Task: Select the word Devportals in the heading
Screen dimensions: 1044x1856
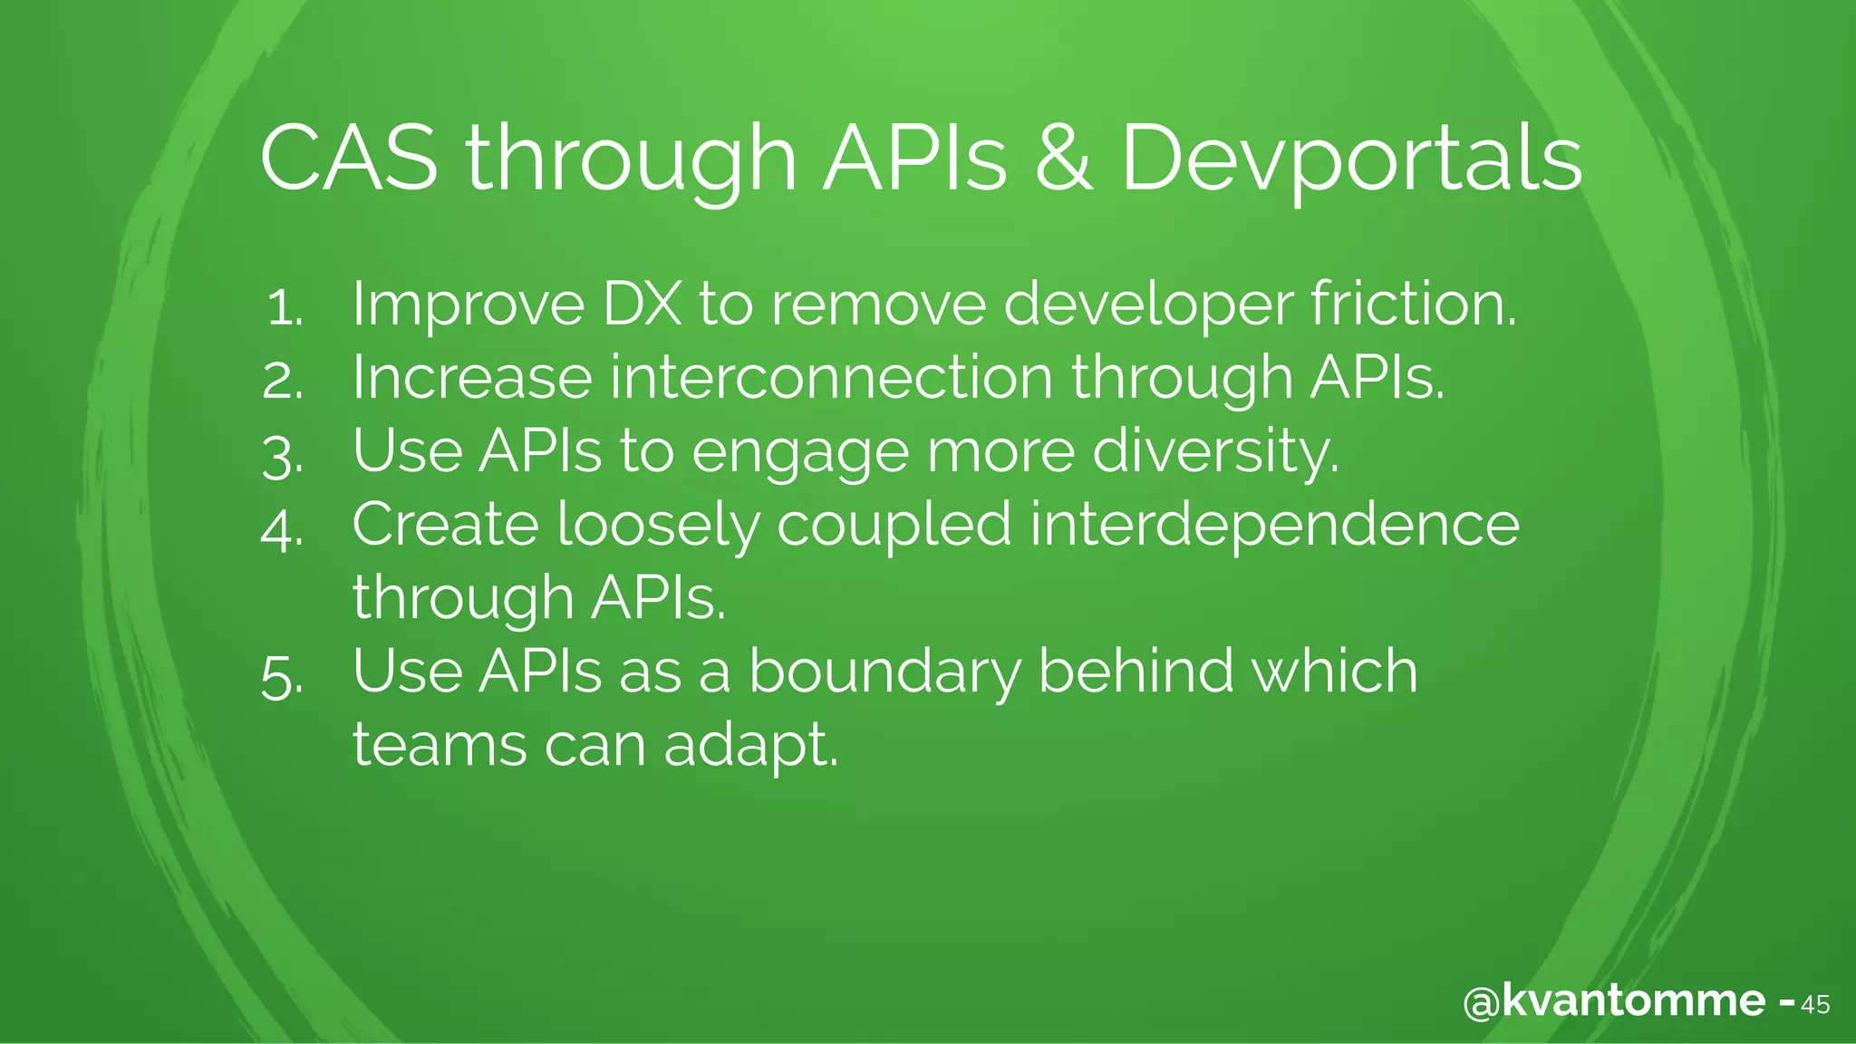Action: coord(1351,159)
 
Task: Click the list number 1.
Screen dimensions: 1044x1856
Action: coord(284,308)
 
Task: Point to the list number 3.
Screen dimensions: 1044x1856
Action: coord(282,456)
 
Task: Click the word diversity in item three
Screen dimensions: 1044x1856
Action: coord(1214,451)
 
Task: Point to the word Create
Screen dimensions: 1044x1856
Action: coord(445,525)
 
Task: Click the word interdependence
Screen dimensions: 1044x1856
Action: coord(1274,527)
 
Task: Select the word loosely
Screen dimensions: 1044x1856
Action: coord(658,527)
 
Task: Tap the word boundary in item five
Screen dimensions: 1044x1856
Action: coord(884,672)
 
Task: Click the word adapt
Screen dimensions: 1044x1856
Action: coord(750,747)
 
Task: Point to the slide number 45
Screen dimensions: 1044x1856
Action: coord(1814,1005)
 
